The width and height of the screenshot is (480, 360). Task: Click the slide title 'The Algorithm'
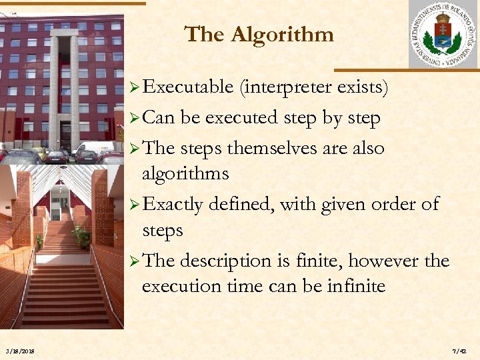[259, 34]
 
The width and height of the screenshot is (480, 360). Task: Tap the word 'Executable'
[188, 87]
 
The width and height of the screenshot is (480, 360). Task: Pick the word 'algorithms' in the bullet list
[185, 174]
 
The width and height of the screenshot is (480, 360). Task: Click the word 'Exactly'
[173, 203]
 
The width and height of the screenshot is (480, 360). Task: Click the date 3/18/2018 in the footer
[20, 351]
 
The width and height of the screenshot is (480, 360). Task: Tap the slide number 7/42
[459, 351]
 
